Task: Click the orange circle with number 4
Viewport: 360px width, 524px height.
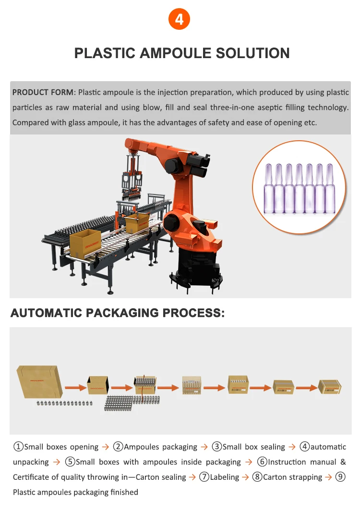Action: coord(180,20)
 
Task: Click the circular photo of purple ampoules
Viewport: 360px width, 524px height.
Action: coord(299,187)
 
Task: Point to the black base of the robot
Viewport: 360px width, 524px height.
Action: coord(197,269)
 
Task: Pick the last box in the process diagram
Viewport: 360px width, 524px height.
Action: coord(330,386)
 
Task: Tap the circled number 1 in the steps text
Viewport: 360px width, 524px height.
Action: coord(18,447)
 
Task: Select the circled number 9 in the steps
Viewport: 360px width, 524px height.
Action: coord(340,477)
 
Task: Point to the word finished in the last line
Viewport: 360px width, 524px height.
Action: coord(121,492)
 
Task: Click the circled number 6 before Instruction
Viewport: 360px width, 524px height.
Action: coord(262,462)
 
